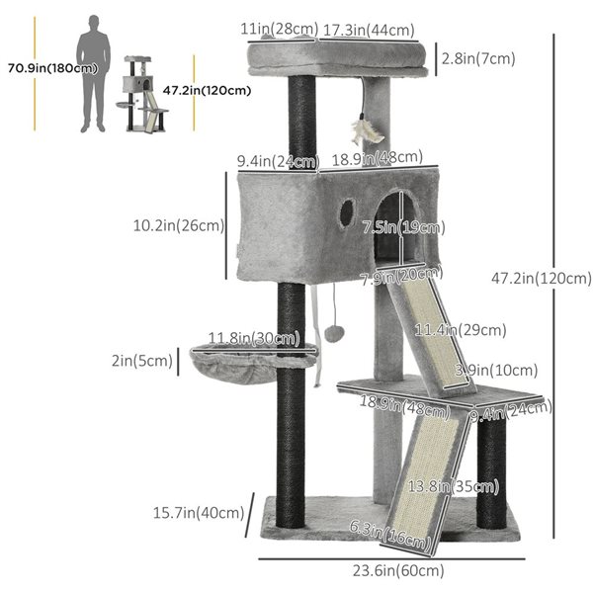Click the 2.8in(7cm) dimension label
point(479,58)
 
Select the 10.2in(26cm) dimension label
point(178,225)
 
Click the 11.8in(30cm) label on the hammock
point(254,340)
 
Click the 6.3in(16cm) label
point(391,537)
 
